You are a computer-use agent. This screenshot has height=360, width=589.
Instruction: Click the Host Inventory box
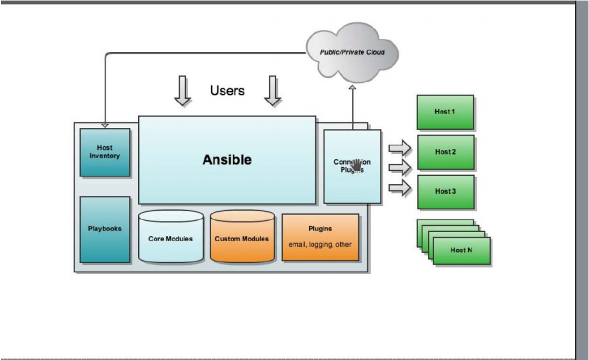tap(105, 152)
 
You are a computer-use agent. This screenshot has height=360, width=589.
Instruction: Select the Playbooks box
tap(105, 229)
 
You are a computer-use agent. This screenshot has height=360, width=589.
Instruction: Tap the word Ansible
tap(227, 160)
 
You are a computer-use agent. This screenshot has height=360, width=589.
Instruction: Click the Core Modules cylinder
tap(171, 237)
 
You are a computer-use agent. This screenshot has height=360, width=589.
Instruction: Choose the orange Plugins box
tap(320, 237)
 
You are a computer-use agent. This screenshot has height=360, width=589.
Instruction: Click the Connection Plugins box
tap(352, 166)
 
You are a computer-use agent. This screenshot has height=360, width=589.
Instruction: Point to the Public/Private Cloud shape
tap(353, 53)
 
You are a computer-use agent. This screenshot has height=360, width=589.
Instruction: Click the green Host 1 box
tap(445, 112)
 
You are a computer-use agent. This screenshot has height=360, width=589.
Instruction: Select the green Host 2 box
tap(446, 152)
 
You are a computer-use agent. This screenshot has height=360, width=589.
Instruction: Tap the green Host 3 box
tap(446, 192)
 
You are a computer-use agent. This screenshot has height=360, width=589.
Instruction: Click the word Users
tap(227, 91)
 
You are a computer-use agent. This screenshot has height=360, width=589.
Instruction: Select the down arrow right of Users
tap(273, 91)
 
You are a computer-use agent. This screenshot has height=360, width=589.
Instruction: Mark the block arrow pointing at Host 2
tap(399, 147)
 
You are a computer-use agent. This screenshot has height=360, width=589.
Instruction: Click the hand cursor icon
tap(357, 165)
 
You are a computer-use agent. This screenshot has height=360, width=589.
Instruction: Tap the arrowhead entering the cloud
tap(353, 86)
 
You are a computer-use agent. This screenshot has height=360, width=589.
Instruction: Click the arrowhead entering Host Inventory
tap(105, 126)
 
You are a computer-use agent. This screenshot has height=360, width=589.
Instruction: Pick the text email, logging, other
tap(320, 244)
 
